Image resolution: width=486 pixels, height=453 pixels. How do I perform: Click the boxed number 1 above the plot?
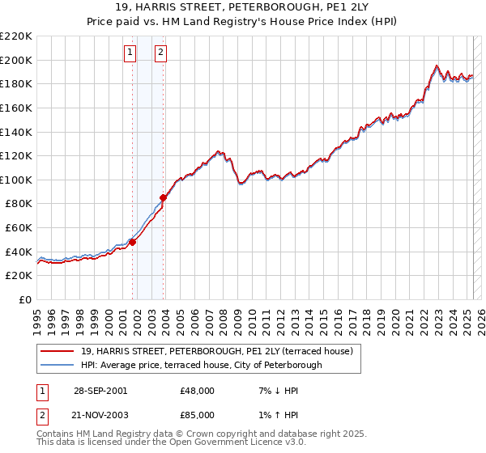coord(130,53)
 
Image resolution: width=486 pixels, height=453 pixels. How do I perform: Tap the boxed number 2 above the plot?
coord(161,53)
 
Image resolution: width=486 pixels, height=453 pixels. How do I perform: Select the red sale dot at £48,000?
coord(133,241)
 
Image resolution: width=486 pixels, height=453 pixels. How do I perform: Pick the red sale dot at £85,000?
coord(164,197)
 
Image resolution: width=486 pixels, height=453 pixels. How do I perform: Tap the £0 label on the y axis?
coord(25,299)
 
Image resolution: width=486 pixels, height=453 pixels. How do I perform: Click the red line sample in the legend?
coord(57,351)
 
